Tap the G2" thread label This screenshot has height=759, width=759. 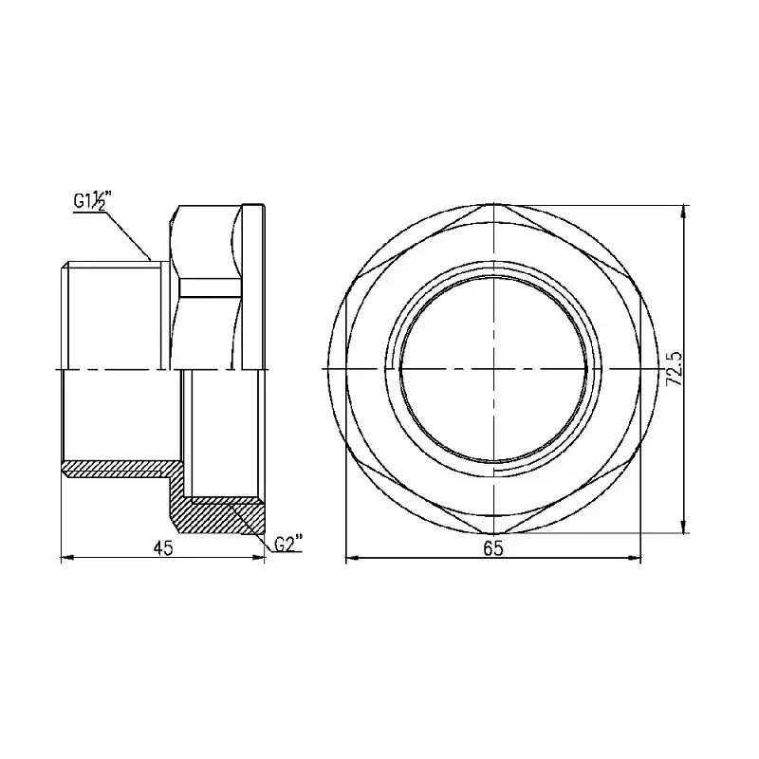tap(288, 543)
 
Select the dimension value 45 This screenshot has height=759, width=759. tap(163, 548)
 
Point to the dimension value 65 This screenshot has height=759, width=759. tap(492, 548)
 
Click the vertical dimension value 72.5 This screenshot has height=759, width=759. tap(675, 368)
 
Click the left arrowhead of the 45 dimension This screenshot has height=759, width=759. tap(66, 558)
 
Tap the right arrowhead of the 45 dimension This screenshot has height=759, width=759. tap(259, 558)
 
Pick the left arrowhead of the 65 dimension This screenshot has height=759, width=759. tap(352, 558)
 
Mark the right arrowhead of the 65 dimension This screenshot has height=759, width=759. tap(635, 558)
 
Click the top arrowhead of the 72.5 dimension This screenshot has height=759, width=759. tap(683, 212)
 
